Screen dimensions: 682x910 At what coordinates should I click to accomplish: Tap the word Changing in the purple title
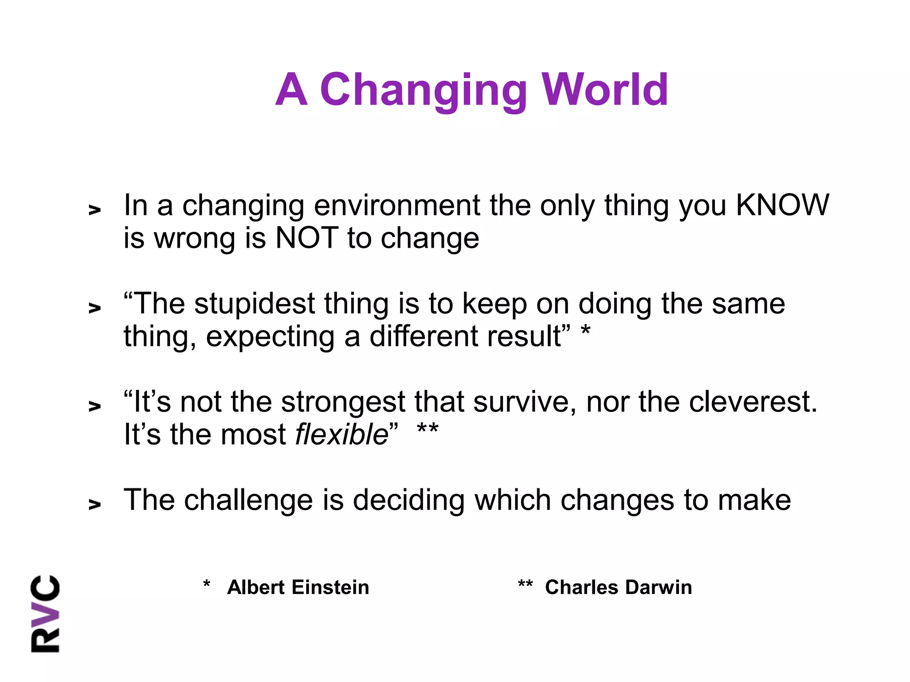pyautogui.click(x=423, y=90)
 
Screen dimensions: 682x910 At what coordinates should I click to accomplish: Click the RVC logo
pyautogui.click(x=45, y=614)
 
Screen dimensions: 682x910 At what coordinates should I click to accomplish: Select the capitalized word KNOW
pyautogui.click(x=782, y=205)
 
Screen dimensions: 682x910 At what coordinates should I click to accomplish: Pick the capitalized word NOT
pyautogui.click(x=307, y=238)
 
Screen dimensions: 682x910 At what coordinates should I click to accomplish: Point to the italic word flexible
pyautogui.click(x=342, y=434)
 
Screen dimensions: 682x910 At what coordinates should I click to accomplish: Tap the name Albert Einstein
pyautogui.click(x=298, y=587)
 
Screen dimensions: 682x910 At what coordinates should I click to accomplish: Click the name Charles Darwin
pyautogui.click(x=618, y=587)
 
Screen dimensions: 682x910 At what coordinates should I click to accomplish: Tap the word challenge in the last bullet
pyautogui.click(x=248, y=500)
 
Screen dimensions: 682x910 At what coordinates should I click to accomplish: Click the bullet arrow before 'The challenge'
pyautogui.click(x=95, y=504)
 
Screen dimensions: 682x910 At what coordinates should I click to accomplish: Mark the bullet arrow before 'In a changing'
pyautogui.click(x=95, y=210)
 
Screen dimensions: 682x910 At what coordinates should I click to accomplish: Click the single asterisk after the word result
pyautogui.click(x=586, y=331)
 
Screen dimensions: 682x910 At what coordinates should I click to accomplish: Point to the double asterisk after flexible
pyautogui.click(x=427, y=429)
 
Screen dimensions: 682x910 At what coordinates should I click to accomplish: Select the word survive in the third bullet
pyautogui.click(x=520, y=402)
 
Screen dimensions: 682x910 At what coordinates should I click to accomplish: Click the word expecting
pyautogui.click(x=270, y=337)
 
